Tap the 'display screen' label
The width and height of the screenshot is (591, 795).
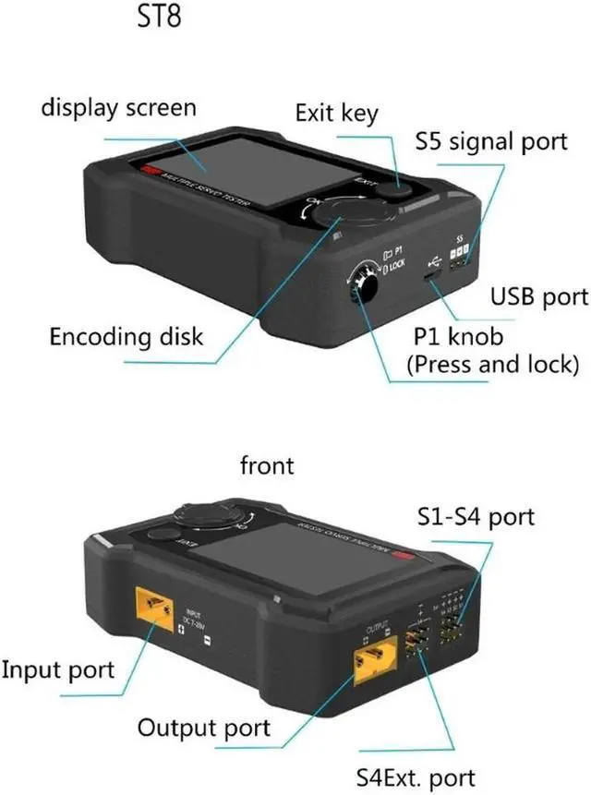(x=119, y=107)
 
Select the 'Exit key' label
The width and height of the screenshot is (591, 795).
(x=336, y=113)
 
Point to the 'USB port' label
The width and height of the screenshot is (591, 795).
(x=538, y=296)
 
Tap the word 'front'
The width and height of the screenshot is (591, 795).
(x=266, y=464)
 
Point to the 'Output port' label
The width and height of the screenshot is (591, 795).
(x=204, y=728)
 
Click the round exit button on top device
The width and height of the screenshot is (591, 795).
(x=399, y=188)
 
